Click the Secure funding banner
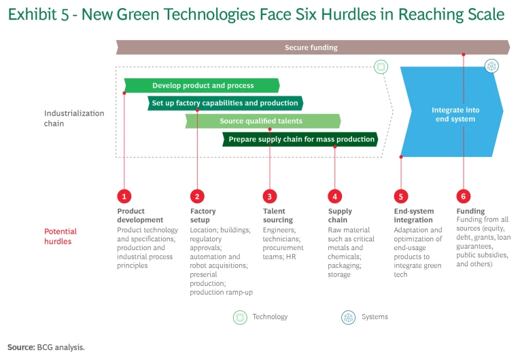[x=313, y=48]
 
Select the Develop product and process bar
[x=202, y=86]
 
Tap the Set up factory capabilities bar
[x=225, y=103]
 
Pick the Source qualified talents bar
[x=263, y=121]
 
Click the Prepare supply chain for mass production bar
[x=300, y=139]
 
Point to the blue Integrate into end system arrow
[x=452, y=112]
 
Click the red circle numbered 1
[x=124, y=196]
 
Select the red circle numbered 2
[x=197, y=196]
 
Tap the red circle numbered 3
[x=270, y=196]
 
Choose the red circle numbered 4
[x=335, y=196]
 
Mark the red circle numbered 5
[x=401, y=196]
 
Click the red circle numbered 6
[x=464, y=196]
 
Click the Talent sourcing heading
[x=277, y=215]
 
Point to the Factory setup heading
[x=203, y=215]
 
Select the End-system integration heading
[x=414, y=215]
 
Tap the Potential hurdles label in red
[x=60, y=236]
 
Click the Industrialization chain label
[x=74, y=118]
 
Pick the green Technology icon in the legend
[x=240, y=317]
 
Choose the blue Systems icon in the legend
[x=348, y=317]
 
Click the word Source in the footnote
[x=20, y=347]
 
